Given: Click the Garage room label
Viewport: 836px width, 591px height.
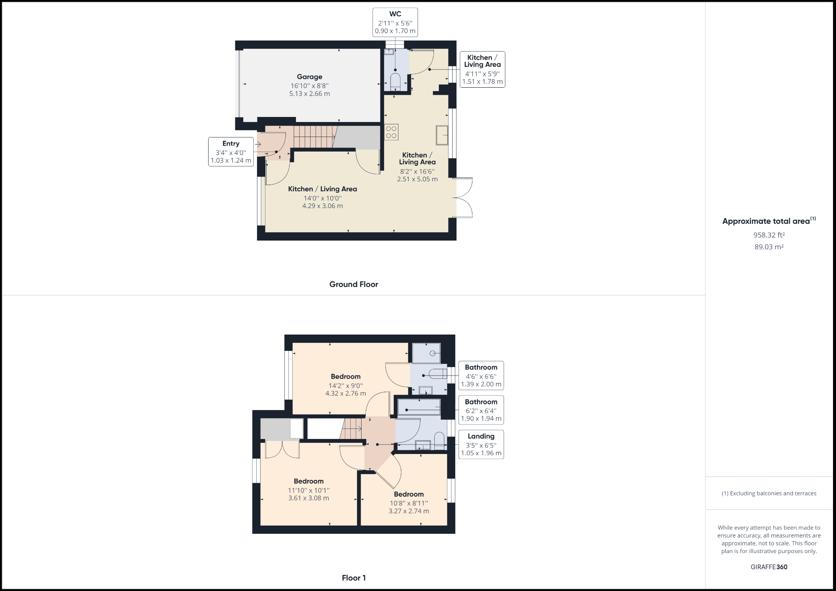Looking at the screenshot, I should click(x=309, y=77).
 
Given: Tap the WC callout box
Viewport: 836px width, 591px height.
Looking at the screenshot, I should click(x=395, y=23).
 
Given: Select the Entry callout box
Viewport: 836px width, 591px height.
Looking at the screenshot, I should click(x=231, y=152).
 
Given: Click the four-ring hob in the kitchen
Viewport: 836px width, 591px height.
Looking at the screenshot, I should click(x=391, y=132).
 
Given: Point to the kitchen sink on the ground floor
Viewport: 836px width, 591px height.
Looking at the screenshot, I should click(x=442, y=135).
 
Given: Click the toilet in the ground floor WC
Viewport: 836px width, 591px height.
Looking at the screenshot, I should click(x=395, y=82).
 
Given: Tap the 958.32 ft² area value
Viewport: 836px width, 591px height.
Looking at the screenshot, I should click(x=769, y=235).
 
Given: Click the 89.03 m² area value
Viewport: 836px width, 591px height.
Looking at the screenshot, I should click(x=769, y=247).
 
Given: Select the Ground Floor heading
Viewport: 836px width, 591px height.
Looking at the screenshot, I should click(x=354, y=284).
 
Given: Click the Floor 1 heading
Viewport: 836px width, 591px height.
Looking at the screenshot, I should click(x=354, y=578).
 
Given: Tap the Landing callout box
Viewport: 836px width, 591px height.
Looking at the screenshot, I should click(x=481, y=444).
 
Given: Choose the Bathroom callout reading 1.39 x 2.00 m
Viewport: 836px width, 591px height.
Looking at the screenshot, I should click(x=481, y=375).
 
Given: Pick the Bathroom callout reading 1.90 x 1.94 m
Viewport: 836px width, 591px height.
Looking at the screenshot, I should click(x=481, y=410).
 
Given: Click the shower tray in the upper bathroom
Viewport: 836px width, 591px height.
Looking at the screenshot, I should click(x=426, y=353).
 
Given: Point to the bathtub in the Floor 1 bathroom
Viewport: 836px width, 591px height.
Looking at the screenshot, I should click(x=419, y=407).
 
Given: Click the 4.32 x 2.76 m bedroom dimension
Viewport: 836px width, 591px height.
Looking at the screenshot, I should click(x=346, y=393).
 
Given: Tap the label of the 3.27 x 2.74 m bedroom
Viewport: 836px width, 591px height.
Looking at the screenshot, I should click(x=408, y=495).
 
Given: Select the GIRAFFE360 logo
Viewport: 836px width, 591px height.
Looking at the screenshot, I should click(x=769, y=567).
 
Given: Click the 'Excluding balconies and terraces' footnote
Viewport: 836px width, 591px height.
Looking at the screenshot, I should click(x=769, y=493).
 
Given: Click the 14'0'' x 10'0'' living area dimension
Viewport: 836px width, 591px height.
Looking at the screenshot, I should click(x=322, y=198).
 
